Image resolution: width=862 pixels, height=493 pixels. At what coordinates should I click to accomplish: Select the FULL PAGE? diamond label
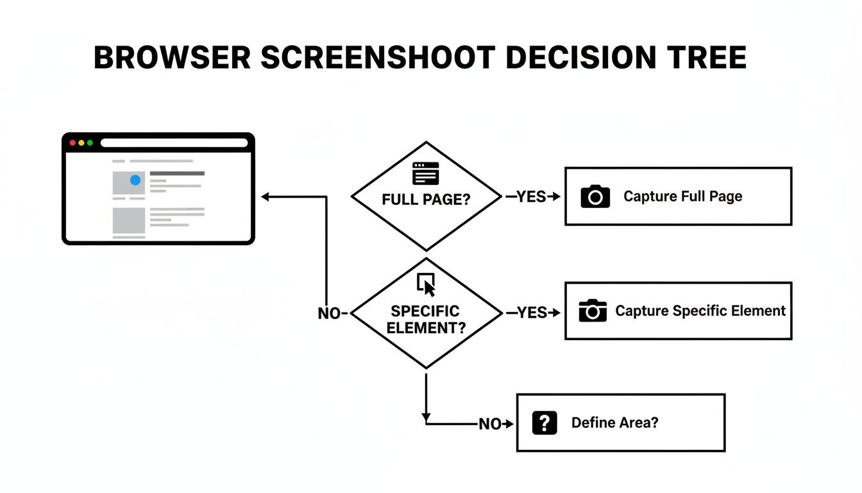426,200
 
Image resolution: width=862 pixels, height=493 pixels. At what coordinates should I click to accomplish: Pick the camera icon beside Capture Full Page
595,196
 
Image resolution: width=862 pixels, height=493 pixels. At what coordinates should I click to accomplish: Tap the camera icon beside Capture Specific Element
592,311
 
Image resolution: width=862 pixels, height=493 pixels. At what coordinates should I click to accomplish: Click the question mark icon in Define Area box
545,423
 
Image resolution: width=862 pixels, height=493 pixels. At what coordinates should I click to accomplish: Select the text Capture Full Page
682,196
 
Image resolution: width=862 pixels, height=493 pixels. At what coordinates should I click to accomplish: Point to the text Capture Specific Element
700,311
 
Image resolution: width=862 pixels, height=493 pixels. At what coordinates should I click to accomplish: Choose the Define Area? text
614,423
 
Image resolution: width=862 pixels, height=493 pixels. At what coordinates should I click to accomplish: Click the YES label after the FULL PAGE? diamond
531,197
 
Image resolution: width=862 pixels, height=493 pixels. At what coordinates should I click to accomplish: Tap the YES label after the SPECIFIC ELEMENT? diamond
532,313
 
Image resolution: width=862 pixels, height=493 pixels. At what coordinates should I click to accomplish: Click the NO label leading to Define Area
491,424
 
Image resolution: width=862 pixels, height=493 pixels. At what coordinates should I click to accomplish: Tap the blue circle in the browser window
135,180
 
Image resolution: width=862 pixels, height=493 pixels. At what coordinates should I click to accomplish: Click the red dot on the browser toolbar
72,143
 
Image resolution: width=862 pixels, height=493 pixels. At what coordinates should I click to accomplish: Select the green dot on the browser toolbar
90,143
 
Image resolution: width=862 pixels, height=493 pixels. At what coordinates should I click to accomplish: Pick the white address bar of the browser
174,143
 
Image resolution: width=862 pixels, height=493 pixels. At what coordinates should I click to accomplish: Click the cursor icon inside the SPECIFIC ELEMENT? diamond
426,282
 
